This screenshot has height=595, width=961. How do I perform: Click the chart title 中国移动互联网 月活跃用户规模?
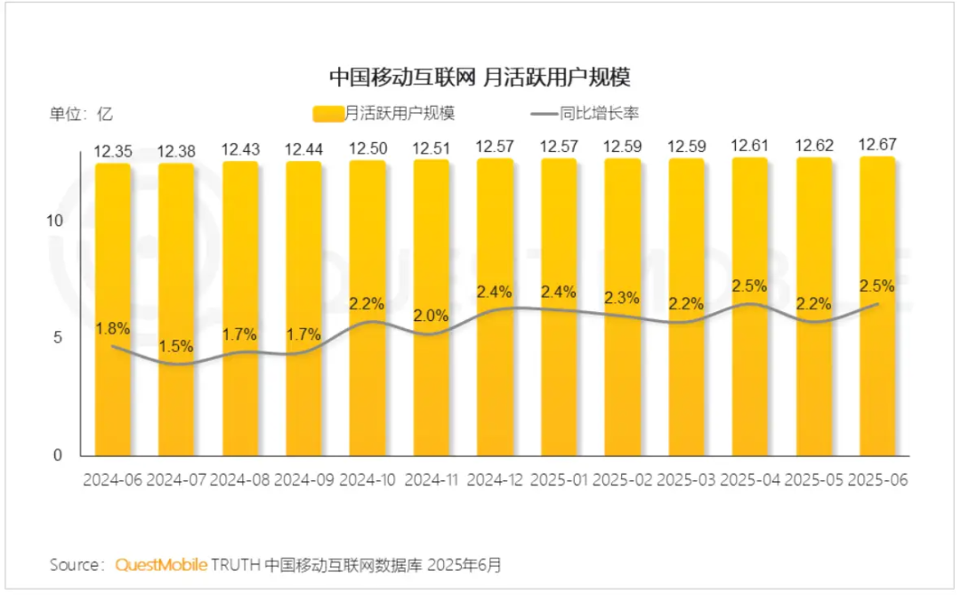tap(480, 77)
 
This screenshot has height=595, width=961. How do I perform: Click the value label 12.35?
tap(113, 152)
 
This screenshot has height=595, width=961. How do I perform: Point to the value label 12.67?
tap(876, 144)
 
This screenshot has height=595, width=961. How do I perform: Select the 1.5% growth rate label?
tap(176, 347)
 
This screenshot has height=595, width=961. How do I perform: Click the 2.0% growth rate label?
tap(431, 316)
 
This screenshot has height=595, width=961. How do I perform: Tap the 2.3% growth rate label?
tap(622, 298)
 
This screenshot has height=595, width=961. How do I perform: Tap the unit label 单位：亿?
tap(81, 113)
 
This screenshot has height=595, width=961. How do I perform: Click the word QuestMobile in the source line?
tap(162, 564)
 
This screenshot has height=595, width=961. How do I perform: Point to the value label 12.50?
tap(367, 149)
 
